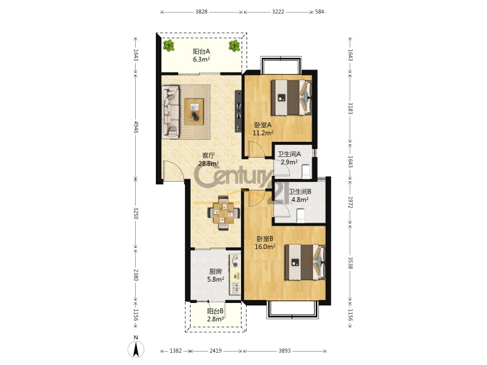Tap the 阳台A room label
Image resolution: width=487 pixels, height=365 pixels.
[x=201, y=51]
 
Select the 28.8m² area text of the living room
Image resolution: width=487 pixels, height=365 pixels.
[x=208, y=163]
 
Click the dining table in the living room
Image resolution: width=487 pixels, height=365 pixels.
[x=223, y=213]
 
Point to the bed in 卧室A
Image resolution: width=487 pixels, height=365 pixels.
[x=291, y=97]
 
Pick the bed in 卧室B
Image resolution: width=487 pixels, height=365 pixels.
[x=305, y=262]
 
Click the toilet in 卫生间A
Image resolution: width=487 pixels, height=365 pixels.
[x=306, y=172]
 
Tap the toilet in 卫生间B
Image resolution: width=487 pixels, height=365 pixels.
[x=300, y=216]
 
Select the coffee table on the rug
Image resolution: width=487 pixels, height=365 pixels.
[x=194, y=111]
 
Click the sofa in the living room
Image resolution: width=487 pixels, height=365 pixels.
[x=170, y=112]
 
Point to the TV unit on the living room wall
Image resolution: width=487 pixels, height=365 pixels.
[x=238, y=111]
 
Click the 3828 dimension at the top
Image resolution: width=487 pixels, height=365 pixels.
[x=201, y=12]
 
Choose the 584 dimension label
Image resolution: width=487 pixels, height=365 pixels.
[x=320, y=12]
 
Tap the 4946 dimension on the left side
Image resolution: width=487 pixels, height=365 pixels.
[x=136, y=127]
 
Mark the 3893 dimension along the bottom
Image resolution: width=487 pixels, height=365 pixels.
[x=284, y=351]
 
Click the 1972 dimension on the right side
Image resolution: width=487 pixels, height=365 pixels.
[x=350, y=202]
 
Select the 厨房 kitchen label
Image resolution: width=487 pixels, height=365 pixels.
[x=215, y=271]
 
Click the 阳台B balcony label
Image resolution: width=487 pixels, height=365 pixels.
[x=215, y=311]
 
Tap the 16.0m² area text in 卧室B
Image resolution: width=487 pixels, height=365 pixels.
[x=265, y=247]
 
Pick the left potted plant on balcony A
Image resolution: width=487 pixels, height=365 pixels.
[x=169, y=46]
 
